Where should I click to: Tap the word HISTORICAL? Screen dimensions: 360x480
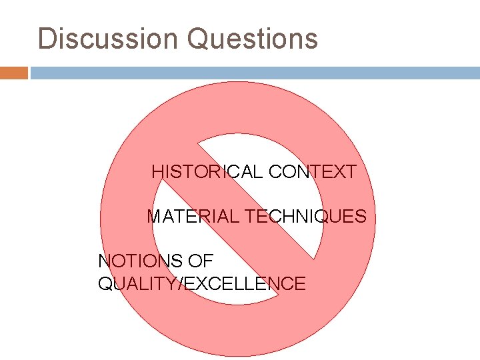click(x=207, y=172)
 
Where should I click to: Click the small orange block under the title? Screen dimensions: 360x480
click(x=13, y=73)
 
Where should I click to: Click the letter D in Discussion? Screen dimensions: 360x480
click(x=47, y=39)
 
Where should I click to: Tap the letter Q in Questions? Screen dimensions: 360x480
click(x=199, y=39)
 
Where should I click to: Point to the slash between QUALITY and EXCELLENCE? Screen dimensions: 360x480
click(x=181, y=284)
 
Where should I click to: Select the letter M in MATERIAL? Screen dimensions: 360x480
click(x=154, y=217)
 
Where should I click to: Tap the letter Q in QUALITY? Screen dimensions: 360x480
click(x=105, y=284)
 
